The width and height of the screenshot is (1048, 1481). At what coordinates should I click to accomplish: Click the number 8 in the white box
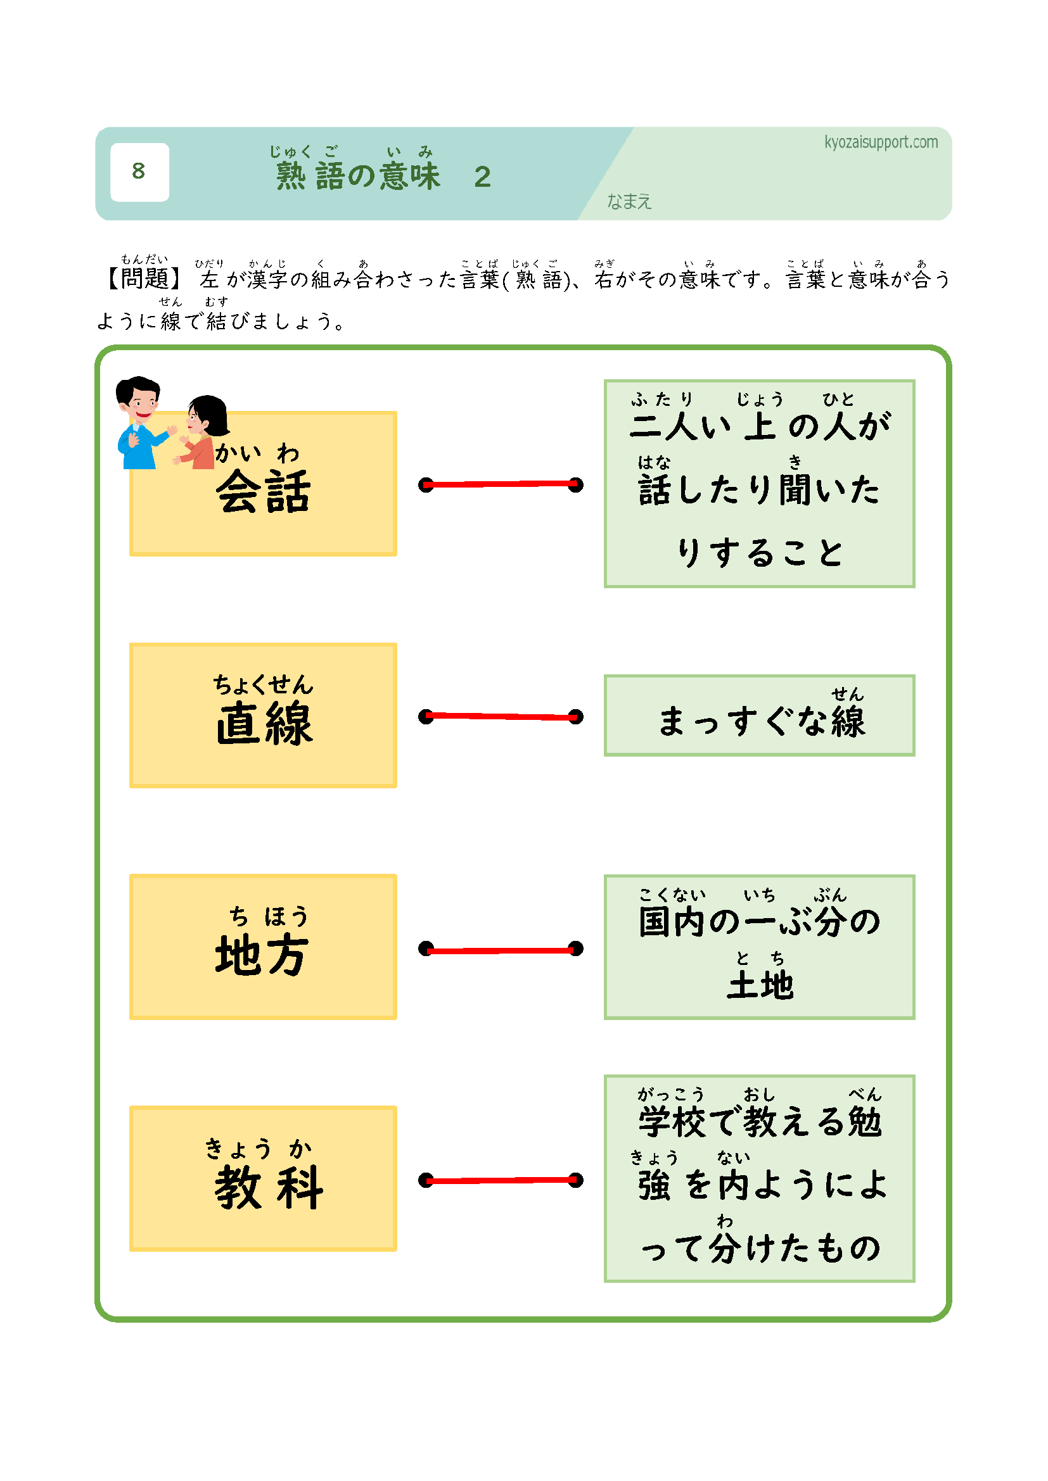(138, 171)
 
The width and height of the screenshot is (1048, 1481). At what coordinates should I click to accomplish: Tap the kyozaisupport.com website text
(880, 142)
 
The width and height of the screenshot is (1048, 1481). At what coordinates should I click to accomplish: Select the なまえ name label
(629, 202)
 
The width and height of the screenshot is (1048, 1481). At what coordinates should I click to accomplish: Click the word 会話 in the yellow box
(264, 492)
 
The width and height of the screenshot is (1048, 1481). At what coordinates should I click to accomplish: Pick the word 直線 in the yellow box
(264, 724)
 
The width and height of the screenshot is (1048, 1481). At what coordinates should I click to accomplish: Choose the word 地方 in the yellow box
(262, 955)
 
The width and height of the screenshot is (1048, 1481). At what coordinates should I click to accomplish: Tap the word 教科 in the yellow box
(269, 1187)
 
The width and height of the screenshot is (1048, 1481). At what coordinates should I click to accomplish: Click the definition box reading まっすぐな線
(759, 715)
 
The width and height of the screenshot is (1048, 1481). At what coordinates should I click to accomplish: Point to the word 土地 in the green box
(760, 985)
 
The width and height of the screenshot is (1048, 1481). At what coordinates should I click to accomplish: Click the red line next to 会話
(501, 484)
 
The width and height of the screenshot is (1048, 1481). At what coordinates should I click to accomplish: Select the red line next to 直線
(501, 716)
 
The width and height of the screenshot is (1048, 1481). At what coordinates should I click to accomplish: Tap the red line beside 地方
(501, 950)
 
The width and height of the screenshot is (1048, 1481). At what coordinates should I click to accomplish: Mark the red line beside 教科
(501, 1180)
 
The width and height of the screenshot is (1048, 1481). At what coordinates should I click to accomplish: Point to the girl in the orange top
(203, 434)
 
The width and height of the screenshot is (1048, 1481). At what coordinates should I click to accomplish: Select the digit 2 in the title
(482, 177)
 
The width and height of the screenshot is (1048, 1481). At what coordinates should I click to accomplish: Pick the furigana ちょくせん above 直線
(264, 684)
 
